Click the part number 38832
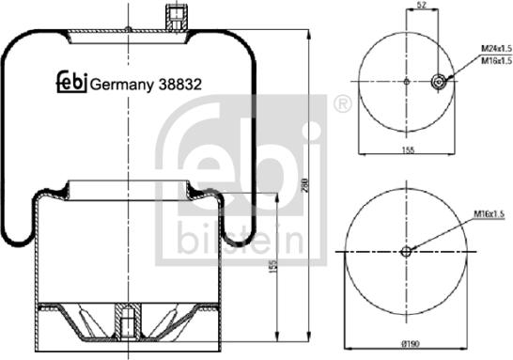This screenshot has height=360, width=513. (180, 85)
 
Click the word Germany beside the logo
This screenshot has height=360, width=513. (121, 86)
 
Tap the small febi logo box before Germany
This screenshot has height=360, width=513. (72, 82)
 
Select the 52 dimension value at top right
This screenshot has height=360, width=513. (422, 5)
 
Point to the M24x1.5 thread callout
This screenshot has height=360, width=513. (496, 49)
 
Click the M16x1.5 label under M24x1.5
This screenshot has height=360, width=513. (496, 60)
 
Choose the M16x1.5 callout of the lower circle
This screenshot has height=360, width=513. (490, 214)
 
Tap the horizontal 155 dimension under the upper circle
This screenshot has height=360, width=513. (408, 149)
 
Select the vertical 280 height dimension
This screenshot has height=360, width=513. (304, 185)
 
